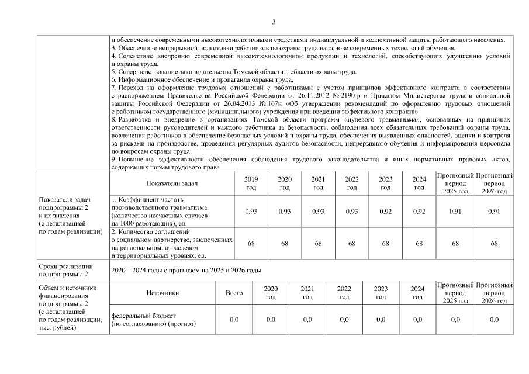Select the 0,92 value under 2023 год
(385, 211)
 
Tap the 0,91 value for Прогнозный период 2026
(494, 211)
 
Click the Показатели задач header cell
(172, 183)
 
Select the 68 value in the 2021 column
(318, 243)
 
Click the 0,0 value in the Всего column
(234, 320)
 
